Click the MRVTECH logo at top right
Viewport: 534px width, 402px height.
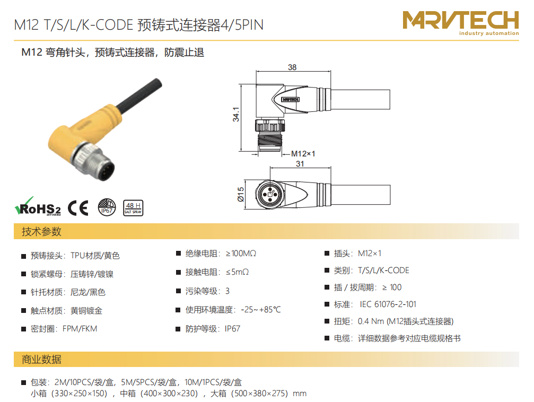[x=460, y=23]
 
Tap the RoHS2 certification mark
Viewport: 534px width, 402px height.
[x=38, y=206]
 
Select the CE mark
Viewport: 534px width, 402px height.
[x=78, y=208]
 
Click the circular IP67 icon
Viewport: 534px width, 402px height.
[x=107, y=207]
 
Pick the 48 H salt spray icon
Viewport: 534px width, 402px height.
[x=133, y=208]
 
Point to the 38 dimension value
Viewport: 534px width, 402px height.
[x=292, y=67]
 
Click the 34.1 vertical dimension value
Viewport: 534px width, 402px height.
[x=236, y=115]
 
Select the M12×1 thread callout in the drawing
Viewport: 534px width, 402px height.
[x=303, y=154]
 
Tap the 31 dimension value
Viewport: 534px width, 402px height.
[x=300, y=164]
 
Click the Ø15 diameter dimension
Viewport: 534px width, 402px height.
[x=240, y=194]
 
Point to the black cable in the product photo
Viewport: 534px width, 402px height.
[x=139, y=94]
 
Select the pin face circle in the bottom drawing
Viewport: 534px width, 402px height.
[x=270, y=195]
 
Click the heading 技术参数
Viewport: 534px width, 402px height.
[x=41, y=231]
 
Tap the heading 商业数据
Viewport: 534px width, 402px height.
[x=41, y=359]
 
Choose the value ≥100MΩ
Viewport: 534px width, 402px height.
[x=241, y=254]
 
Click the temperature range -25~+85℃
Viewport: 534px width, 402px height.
[x=261, y=310]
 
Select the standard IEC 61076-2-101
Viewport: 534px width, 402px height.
[x=388, y=304]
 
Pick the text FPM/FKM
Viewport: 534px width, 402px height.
[x=80, y=329]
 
